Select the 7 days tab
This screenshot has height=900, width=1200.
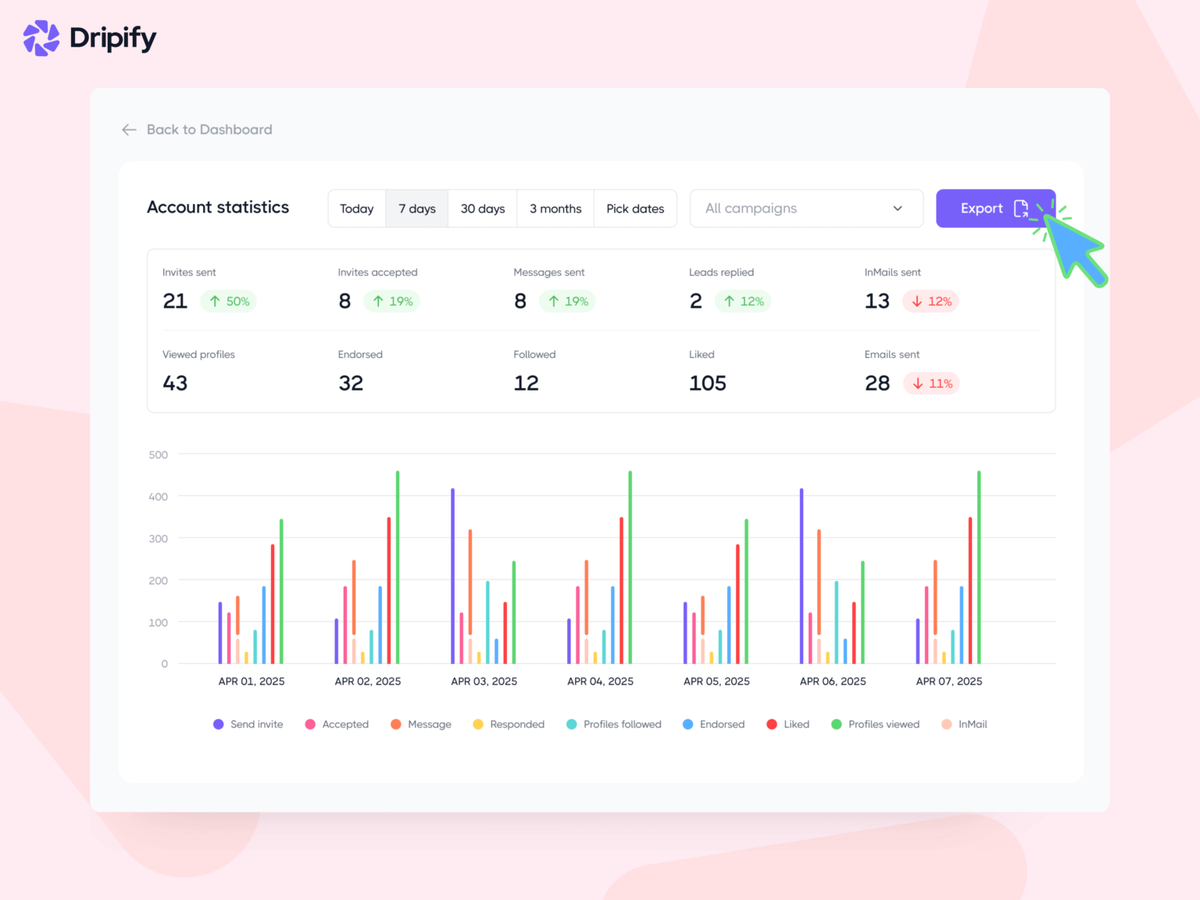416,209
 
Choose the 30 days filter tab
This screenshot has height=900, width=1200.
482,209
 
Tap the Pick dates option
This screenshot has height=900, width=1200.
634,209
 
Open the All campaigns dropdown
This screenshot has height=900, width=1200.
805,209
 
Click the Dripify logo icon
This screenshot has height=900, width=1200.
41,38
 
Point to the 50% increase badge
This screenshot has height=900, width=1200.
229,302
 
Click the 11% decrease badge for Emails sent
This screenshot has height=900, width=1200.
932,384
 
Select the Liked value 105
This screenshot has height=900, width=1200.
707,384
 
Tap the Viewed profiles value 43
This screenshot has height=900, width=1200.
175,384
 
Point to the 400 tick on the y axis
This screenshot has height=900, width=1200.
158,497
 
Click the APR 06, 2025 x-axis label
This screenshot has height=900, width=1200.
832,681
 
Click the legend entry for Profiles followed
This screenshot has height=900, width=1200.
614,724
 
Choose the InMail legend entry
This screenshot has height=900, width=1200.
965,724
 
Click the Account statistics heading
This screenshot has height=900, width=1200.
218,207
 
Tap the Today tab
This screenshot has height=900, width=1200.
356,209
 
